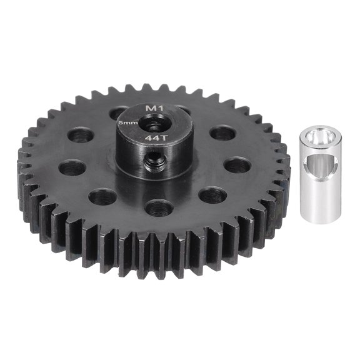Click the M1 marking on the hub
[151, 108]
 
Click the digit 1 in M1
[156, 108]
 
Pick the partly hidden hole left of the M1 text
[118, 112]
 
